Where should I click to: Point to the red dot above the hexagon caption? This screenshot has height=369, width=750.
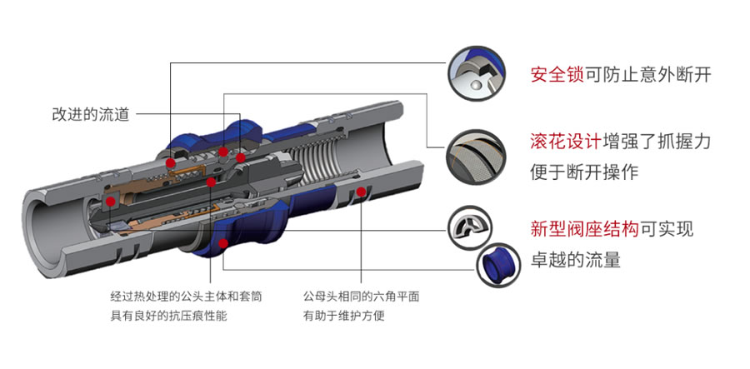point(361,192)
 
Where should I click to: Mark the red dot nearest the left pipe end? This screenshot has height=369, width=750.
point(111,201)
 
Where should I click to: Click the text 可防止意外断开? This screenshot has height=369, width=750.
point(649,74)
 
